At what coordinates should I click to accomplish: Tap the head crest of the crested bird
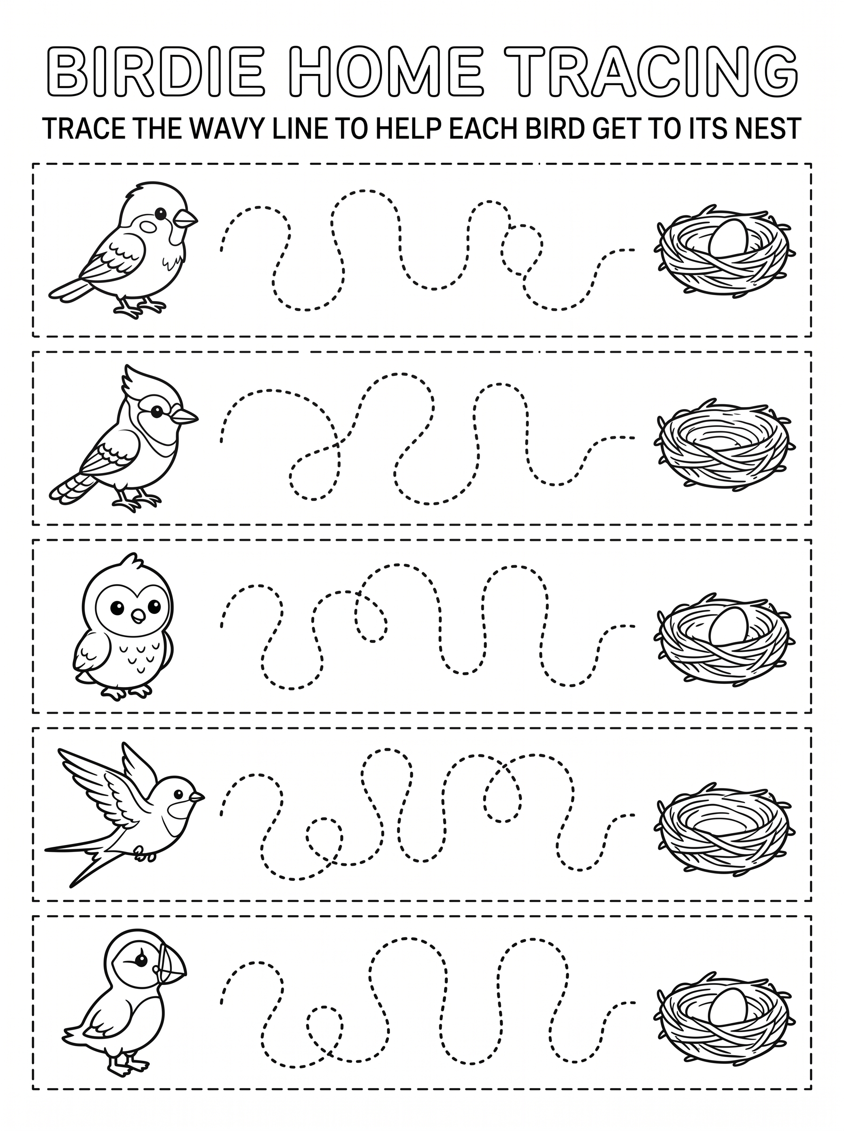point(135,385)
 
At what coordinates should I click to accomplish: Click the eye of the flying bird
point(179,794)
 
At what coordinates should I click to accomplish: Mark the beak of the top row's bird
point(186,220)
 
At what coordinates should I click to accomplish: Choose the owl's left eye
point(117,607)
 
